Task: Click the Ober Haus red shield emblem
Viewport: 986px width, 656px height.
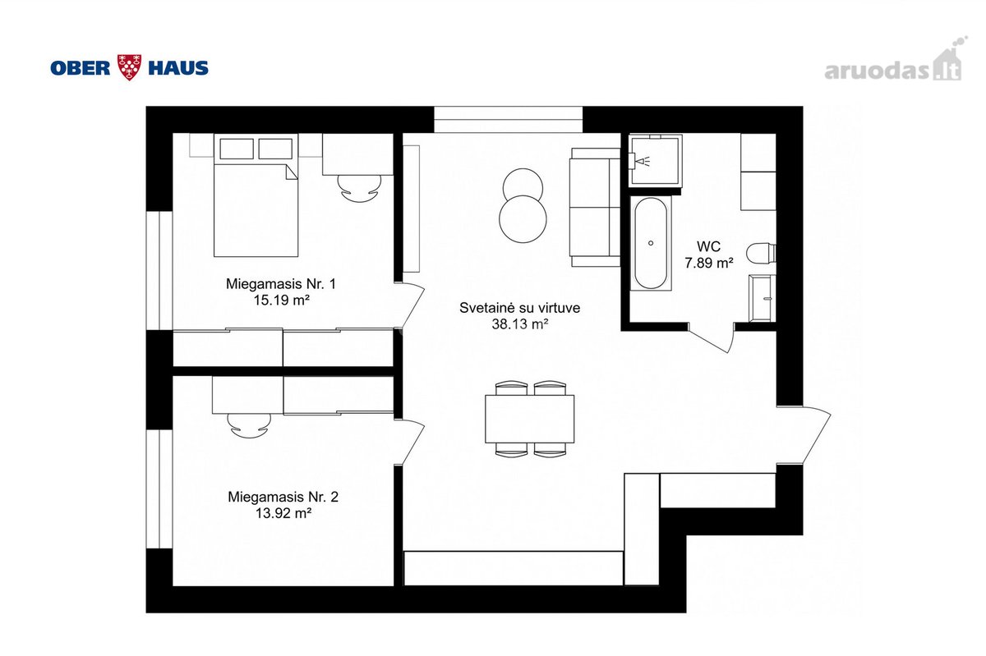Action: coord(129,67)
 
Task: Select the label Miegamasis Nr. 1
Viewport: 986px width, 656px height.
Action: coord(281,284)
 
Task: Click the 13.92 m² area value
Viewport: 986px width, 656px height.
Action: coord(283,513)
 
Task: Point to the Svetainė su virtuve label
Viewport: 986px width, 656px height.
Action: coord(519,308)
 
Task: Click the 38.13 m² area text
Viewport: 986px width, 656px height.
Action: coord(519,324)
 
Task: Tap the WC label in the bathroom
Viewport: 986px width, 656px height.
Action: coord(708,246)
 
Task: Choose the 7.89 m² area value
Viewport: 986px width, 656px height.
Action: coord(708,263)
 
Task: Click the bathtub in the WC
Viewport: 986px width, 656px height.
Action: coord(651,243)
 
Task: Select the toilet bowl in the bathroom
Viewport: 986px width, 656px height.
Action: coord(761,254)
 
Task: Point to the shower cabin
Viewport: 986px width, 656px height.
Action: coord(656,160)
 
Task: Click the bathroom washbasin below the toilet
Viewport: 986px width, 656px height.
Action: coord(762,298)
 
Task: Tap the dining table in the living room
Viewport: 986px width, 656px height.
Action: coord(529,419)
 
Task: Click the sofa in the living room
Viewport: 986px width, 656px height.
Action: coord(595,207)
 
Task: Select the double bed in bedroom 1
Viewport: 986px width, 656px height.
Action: coord(256,195)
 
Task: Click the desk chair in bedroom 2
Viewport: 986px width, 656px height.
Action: coord(249,425)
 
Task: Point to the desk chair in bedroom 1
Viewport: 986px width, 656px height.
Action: coord(360,189)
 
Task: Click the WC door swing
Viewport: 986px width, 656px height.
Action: coord(712,338)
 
